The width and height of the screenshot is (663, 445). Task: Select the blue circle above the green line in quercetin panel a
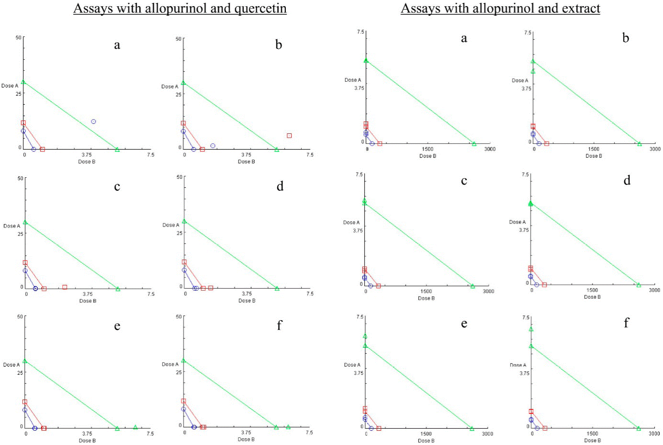93,121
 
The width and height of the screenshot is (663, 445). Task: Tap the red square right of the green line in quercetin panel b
289,136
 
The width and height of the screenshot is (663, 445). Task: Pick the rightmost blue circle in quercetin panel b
213,146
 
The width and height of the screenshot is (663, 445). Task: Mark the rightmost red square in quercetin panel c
65,287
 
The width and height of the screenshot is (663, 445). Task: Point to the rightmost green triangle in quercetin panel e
135,427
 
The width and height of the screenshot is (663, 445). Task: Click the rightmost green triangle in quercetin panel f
288,427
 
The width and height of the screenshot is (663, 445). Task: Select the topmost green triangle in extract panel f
531,329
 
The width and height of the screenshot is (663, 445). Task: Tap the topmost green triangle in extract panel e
365,336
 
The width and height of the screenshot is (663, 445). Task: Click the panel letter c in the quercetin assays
117,186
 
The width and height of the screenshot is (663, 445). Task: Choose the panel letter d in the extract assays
627,180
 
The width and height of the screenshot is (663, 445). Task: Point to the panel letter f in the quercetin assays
280,325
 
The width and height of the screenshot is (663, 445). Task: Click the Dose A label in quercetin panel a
10,86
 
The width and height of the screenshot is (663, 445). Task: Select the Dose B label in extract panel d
592,297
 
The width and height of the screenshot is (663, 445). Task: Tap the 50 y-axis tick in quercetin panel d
179,177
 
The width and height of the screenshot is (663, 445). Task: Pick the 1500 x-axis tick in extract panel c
426,291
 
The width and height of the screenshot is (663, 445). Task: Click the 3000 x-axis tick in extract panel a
489,149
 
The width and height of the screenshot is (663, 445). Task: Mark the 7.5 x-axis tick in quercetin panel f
309,433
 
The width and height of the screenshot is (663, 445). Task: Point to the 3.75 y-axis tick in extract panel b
526,89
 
